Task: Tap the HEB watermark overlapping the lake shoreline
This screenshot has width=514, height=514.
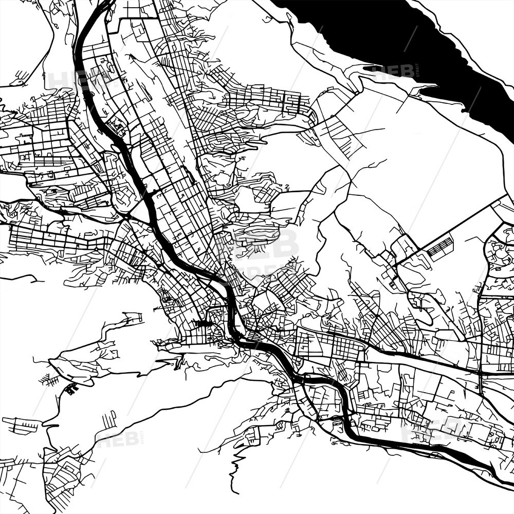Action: coord(393,72)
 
